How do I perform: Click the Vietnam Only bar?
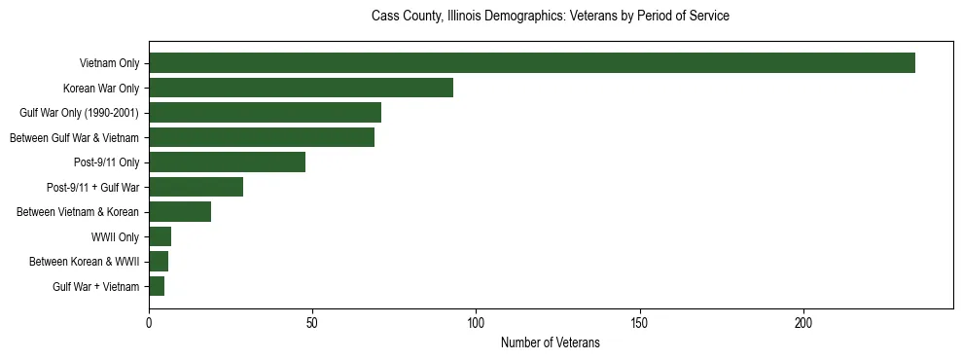(x=531, y=63)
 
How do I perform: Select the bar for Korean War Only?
(x=301, y=88)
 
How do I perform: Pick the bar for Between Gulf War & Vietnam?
(x=262, y=137)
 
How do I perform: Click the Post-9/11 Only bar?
(x=227, y=162)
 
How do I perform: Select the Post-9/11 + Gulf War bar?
(x=196, y=187)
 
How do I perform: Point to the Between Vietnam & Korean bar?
(x=180, y=212)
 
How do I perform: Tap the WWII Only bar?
(x=160, y=236)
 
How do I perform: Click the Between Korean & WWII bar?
(x=159, y=262)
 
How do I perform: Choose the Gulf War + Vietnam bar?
(x=157, y=286)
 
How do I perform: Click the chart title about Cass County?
(x=551, y=17)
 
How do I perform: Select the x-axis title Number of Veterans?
(x=551, y=343)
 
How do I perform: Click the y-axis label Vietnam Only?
(x=109, y=63)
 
